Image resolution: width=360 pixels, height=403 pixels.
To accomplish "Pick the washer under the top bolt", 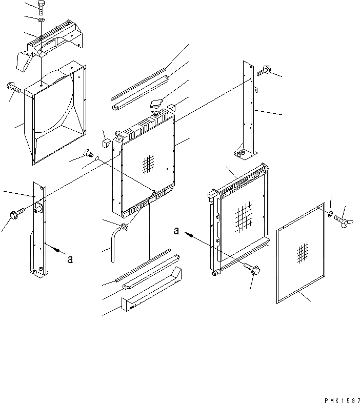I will pos(41,20).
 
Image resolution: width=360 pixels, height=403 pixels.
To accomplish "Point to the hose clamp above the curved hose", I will pos(124,226).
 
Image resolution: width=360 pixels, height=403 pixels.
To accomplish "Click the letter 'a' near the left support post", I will pos(70,259).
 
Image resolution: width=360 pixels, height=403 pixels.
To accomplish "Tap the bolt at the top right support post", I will pos(265,72).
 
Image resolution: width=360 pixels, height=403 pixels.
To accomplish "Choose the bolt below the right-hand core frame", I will pos(253,270).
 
